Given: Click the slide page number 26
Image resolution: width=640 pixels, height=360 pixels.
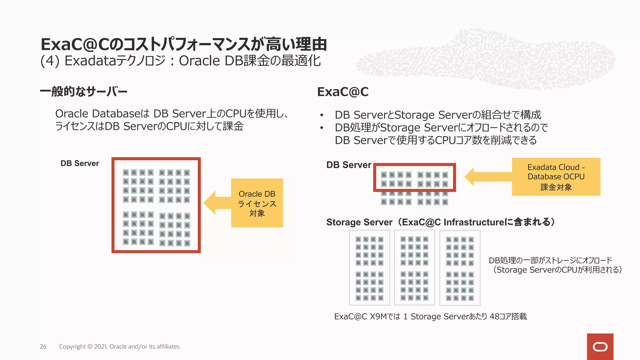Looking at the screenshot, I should (x=43, y=347).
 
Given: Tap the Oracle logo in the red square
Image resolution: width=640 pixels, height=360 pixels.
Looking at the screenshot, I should (x=600, y=347).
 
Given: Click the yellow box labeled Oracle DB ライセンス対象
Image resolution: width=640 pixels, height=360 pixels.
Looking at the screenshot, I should (x=257, y=203).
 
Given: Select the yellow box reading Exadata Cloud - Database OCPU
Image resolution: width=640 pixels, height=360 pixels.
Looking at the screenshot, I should (x=556, y=177).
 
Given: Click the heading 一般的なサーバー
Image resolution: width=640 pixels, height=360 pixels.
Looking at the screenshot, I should (x=83, y=92).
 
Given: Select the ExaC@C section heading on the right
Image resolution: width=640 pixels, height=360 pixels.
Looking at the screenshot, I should (x=343, y=92).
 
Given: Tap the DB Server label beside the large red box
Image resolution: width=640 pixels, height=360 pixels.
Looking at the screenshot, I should (x=80, y=163).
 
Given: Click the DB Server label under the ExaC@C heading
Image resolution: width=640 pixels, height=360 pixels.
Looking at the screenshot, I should (x=349, y=165).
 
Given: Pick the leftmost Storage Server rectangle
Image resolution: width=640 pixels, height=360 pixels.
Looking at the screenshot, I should (x=369, y=268).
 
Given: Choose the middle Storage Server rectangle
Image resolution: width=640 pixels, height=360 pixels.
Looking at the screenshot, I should (x=414, y=268).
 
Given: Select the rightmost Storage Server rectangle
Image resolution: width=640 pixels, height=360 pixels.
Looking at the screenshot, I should (x=460, y=268).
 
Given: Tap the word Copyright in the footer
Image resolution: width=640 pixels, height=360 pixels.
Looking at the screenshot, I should (x=72, y=347).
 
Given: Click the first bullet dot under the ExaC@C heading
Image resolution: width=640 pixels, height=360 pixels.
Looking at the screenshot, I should (x=322, y=115).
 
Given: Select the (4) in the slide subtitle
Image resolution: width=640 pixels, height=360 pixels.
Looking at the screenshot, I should (x=50, y=61).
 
